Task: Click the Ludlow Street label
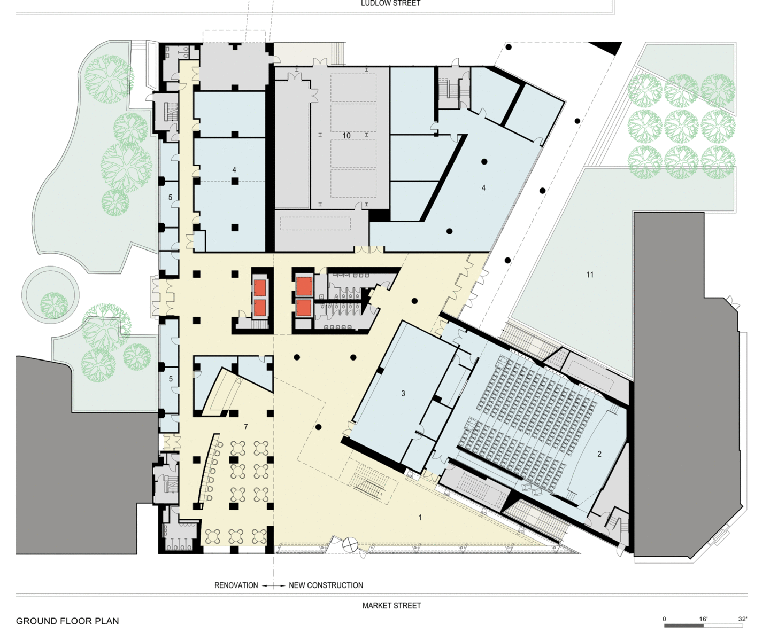[x=391, y=3]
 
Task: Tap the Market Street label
[x=391, y=606]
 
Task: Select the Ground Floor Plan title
[x=67, y=621]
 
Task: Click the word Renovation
[x=236, y=585]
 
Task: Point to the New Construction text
[x=326, y=585]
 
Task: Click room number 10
[x=346, y=136]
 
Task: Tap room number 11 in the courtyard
[x=590, y=275]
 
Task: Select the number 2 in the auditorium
[x=599, y=454]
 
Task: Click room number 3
[x=403, y=393]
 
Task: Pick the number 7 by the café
[x=245, y=427]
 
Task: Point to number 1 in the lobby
[x=420, y=518]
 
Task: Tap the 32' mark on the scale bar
[x=743, y=619]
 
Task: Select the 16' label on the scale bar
[x=704, y=619]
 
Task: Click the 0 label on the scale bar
[x=665, y=619]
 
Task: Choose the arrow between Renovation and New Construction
[x=274, y=585]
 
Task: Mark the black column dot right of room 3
[x=319, y=427]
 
